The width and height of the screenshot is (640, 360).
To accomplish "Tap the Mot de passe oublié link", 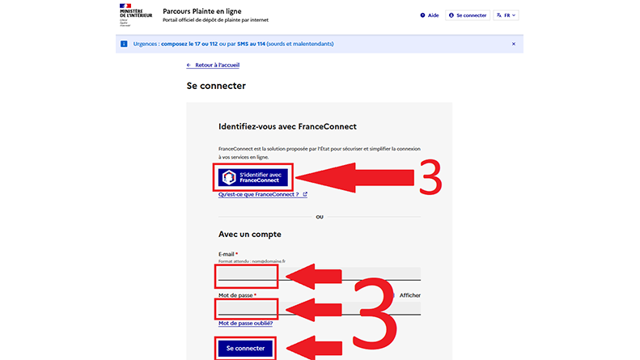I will pos(245,323).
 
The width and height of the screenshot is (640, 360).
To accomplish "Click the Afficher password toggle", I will pos(409,295).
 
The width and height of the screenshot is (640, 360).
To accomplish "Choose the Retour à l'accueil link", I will pos(213,65).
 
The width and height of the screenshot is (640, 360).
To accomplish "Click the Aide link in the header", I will pos(430,15).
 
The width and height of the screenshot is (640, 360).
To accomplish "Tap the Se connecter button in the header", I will pos(468,15).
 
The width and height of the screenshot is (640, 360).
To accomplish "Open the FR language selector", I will pos(506,15).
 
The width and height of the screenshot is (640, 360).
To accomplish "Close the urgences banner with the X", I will pos(513,44).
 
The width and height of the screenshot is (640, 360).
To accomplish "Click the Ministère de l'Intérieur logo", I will pos(129,15).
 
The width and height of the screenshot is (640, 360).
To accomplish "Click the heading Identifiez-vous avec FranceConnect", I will pos(287,127).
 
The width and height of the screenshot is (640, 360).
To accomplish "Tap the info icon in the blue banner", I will pos(124,44).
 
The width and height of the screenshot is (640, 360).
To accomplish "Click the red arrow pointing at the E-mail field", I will pos(320,277).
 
